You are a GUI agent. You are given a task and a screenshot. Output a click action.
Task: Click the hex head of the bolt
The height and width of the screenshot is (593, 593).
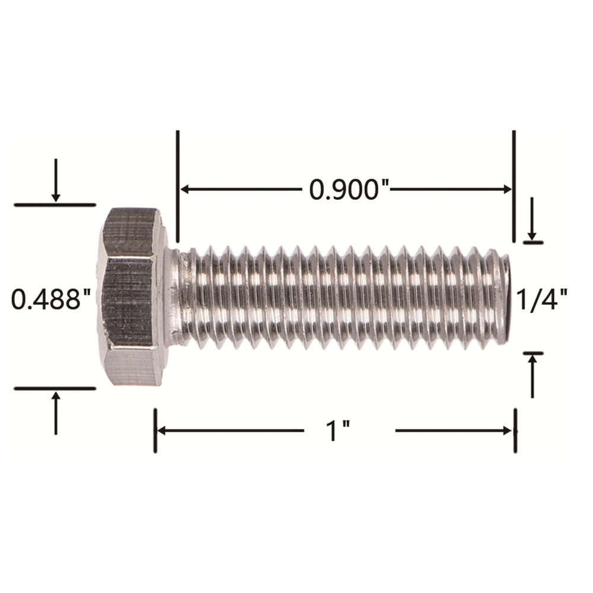(x=132, y=296)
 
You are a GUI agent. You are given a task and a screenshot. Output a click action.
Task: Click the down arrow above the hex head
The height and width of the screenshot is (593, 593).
(x=56, y=180)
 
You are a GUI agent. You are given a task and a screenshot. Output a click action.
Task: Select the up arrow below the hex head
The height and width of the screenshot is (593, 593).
(x=56, y=413)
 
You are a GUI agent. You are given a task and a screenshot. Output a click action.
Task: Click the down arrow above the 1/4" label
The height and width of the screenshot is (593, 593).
(x=532, y=219)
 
